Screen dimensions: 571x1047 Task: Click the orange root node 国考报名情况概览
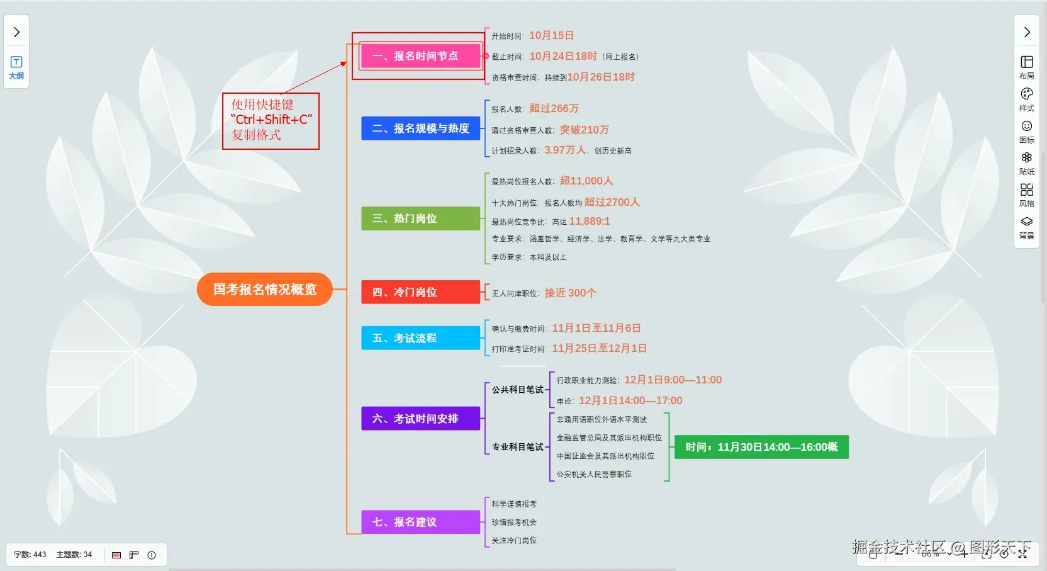[264, 290]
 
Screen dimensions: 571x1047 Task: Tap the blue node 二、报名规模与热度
[420, 128]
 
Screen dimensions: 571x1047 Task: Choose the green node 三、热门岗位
[420, 218]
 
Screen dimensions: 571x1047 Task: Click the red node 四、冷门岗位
[420, 292]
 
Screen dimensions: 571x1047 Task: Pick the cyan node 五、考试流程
[420, 338]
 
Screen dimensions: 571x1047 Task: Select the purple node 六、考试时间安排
[420, 419]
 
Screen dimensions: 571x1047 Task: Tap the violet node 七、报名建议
[420, 522]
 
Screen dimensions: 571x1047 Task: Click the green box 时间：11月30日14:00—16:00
[761, 447]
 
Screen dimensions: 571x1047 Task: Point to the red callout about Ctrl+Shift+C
[271, 120]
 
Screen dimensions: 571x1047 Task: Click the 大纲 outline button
[16, 67]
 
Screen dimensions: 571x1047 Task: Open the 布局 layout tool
[1027, 67]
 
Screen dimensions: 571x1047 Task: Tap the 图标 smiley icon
[1027, 131]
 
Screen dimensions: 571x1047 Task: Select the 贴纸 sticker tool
[1027, 162]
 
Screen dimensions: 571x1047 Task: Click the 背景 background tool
[1027, 227]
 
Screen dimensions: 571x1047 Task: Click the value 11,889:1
[590, 222]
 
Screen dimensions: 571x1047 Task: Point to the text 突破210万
[585, 130]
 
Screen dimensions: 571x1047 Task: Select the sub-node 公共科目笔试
[517, 390]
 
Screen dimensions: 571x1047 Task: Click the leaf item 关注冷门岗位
[514, 541]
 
